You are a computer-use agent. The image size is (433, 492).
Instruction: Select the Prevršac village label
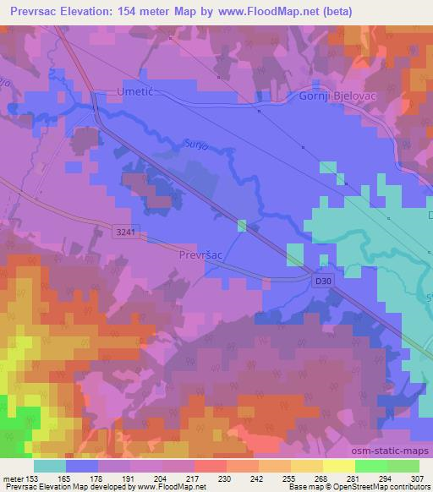coord(201,253)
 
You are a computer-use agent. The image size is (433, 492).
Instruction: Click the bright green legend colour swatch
coord(371,466)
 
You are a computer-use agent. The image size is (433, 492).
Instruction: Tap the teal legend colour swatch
coord(50,466)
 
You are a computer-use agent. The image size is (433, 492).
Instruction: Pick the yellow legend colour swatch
coord(339,466)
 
